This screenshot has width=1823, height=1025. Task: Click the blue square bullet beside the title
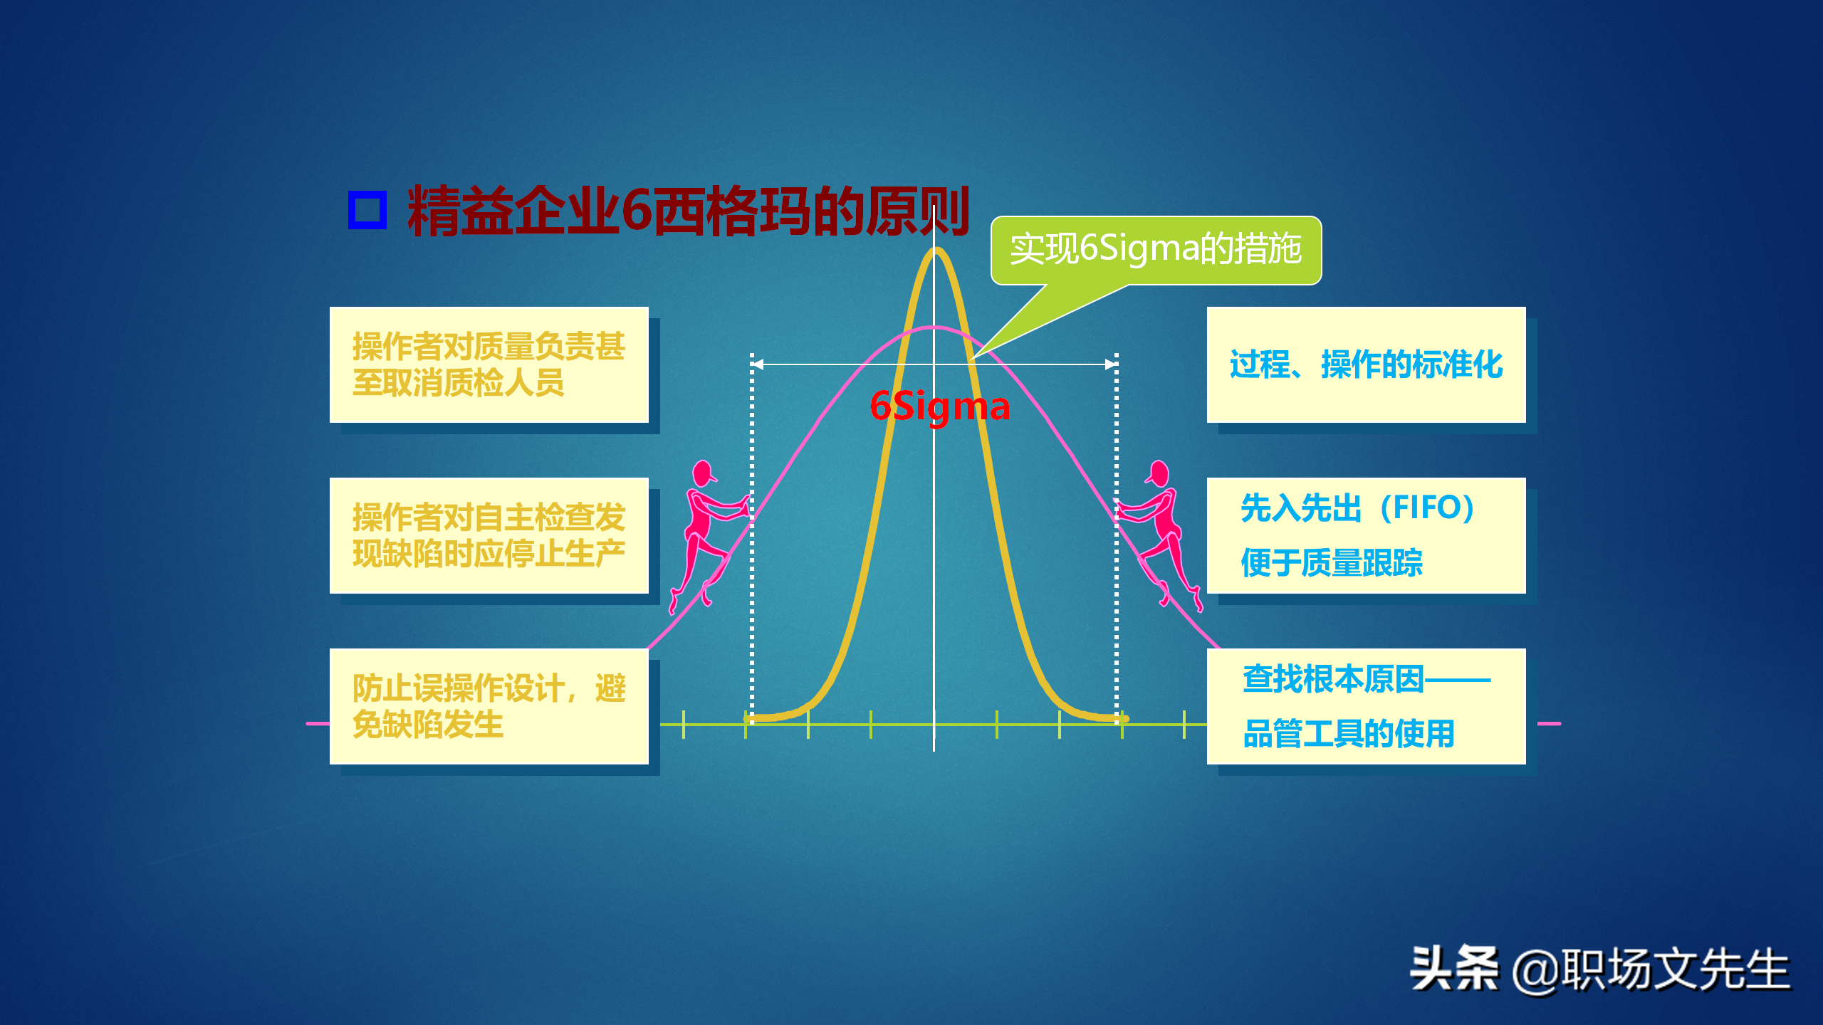coord(367,210)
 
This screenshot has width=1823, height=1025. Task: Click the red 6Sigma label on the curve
coord(940,406)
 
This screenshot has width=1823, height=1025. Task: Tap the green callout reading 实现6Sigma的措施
coord(1156,250)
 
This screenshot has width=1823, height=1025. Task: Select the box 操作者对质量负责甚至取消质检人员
coord(489,364)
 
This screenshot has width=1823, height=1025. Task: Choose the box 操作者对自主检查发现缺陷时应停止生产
coord(489,535)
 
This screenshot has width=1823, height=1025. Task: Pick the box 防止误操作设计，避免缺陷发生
coord(489,706)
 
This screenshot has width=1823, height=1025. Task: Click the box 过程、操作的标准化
coord(1366,364)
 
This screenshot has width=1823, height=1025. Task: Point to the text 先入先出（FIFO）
coord(1357,508)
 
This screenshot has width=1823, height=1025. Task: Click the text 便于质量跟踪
coord(1332,563)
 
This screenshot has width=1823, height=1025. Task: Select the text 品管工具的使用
coord(1348,734)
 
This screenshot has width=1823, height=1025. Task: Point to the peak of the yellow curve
coord(936,251)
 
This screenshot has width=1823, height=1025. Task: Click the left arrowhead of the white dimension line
coord(758,364)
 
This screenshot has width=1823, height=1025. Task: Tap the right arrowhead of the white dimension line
coord(1111,364)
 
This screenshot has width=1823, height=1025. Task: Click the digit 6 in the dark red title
coord(637,211)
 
